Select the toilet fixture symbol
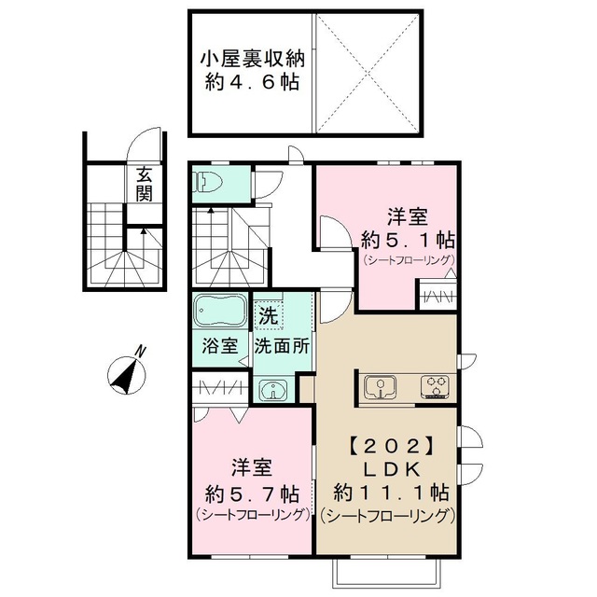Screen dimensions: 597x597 click(x=208, y=183)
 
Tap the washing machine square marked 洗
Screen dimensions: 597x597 click(x=269, y=314)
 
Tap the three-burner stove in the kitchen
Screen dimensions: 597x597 click(x=435, y=386)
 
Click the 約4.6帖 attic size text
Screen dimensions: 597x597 click(x=251, y=82)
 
